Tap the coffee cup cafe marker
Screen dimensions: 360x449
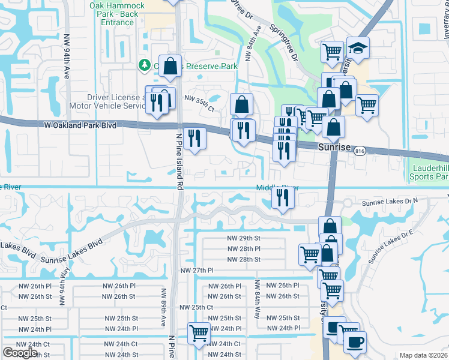354,341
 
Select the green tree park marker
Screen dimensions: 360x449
144,65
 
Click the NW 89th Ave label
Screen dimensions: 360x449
163,307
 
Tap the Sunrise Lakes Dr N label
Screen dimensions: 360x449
390,204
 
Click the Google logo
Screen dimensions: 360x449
20,353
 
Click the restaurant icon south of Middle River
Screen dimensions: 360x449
282,197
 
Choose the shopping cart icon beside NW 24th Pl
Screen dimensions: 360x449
199,333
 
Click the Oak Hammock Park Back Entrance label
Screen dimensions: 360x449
117,14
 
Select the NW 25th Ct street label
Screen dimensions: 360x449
196,307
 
